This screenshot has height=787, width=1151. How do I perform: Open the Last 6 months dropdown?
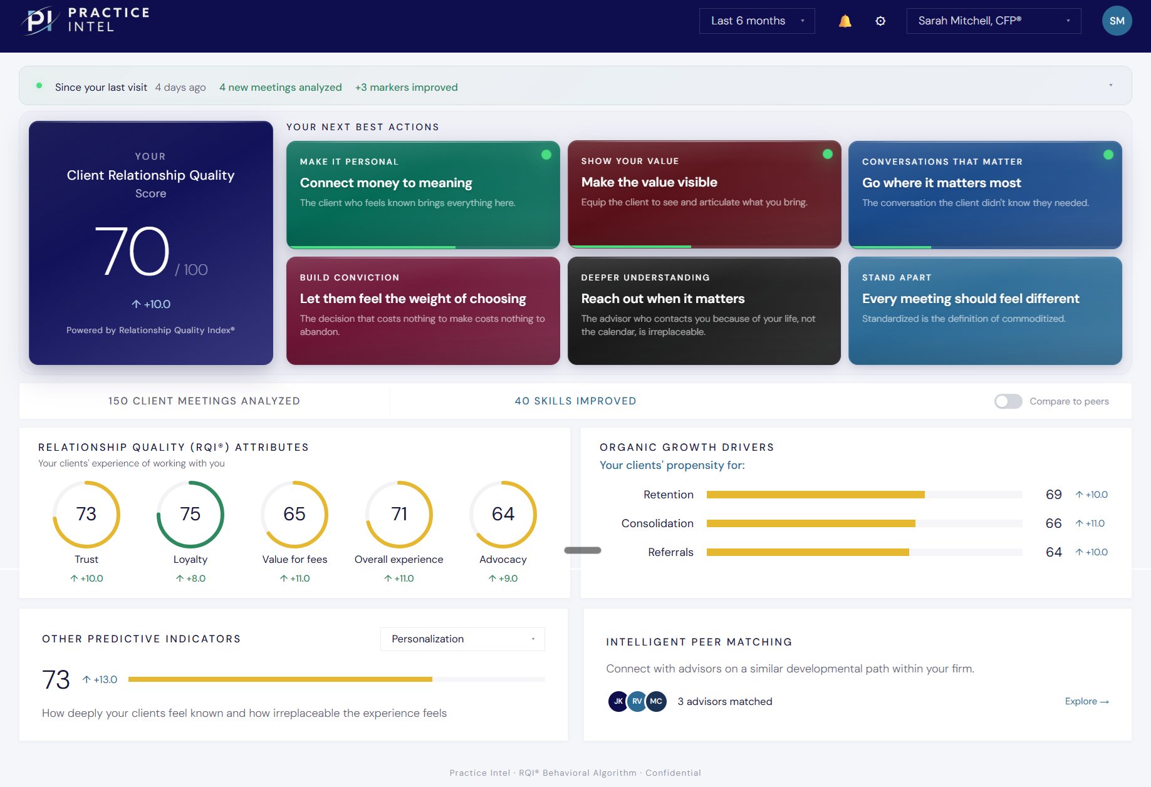click(756, 21)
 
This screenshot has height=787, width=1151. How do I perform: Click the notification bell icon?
click(845, 21)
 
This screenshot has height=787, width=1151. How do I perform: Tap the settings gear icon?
click(880, 21)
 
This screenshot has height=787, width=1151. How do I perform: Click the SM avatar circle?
click(1117, 21)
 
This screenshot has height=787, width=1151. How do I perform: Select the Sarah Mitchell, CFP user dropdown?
click(993, 21)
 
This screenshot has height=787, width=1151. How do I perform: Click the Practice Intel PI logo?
click(40, 20)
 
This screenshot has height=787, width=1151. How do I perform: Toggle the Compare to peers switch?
click(1008, 401)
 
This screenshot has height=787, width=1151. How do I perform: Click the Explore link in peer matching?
click(1086, 701)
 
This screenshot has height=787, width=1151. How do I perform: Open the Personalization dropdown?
click(462, 639)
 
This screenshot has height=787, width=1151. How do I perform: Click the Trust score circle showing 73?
click(86, 514)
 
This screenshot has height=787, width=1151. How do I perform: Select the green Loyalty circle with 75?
click(190, 514)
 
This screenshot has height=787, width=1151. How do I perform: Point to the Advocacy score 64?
click(503, 514)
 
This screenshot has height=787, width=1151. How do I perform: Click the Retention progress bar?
click(864, 495)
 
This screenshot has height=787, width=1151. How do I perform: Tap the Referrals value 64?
click(1053, 552)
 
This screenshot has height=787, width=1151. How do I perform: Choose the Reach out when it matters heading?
click(663, 299)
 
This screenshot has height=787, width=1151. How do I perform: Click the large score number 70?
click(132, 252)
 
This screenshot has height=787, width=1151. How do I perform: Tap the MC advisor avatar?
click(656, 701)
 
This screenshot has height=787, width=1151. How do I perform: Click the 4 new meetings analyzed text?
click(280, 87)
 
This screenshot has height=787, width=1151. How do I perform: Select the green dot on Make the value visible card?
click(828, 154)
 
